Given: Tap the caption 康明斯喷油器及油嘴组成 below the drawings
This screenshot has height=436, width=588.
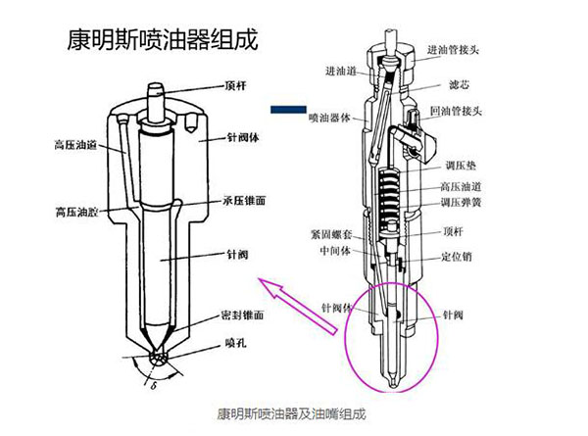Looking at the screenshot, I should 291,413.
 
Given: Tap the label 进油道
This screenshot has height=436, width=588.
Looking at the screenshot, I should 342,71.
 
